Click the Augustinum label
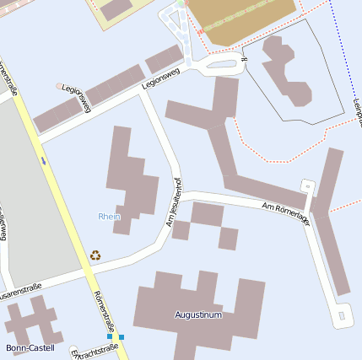[198, 315]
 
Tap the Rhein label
[110, 217]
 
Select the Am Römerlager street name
[286, 212]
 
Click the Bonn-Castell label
[30, 347]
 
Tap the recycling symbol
[95, 255]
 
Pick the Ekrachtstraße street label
[94, 350]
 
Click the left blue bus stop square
[110, 336]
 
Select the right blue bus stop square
[122, 337]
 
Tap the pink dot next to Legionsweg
[59, 86]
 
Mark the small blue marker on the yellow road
[43, 159]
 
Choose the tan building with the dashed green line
[240, 19]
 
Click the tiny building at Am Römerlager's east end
[307, 186]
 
